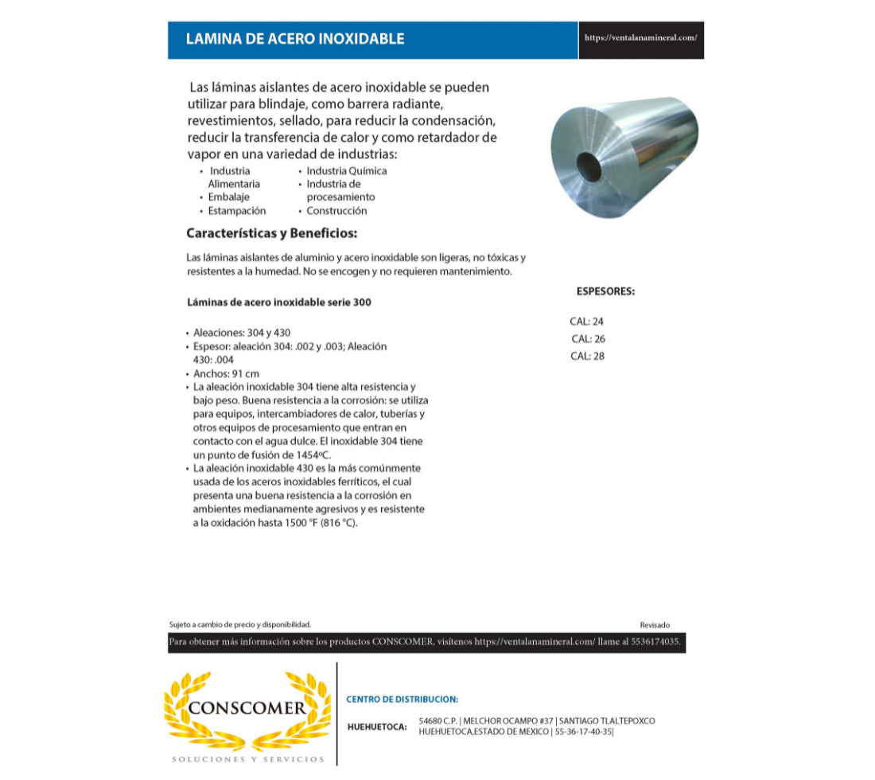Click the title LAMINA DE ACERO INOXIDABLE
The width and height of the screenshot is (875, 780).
tap(294, 39)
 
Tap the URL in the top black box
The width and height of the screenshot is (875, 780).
tap(640, 37)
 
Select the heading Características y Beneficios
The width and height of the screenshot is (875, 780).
tap(271, 234)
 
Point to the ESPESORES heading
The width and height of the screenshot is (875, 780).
tap(605, 291)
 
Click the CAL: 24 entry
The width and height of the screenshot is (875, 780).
tap(587, 322)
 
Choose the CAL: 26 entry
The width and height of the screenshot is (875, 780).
tap(588, 339)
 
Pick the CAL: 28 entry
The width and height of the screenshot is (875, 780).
tap(587, 357)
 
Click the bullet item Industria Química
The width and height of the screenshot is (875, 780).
tap(347, 171)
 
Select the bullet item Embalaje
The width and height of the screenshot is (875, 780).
tap(229, 197)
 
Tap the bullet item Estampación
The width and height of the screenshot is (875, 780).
tap(237, 211)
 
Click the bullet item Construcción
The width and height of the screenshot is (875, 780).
tap(336, 211)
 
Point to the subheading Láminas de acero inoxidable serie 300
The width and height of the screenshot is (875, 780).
tap(278, 302)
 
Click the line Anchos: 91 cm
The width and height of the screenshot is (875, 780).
tap(227, 373)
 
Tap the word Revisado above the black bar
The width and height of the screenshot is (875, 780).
tap(655, 626)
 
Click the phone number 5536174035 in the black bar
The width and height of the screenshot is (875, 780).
tap(655, 642)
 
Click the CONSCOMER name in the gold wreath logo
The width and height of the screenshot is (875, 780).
tap(247, 708)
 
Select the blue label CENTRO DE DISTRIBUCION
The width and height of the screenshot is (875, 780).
tap(402, 700)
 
